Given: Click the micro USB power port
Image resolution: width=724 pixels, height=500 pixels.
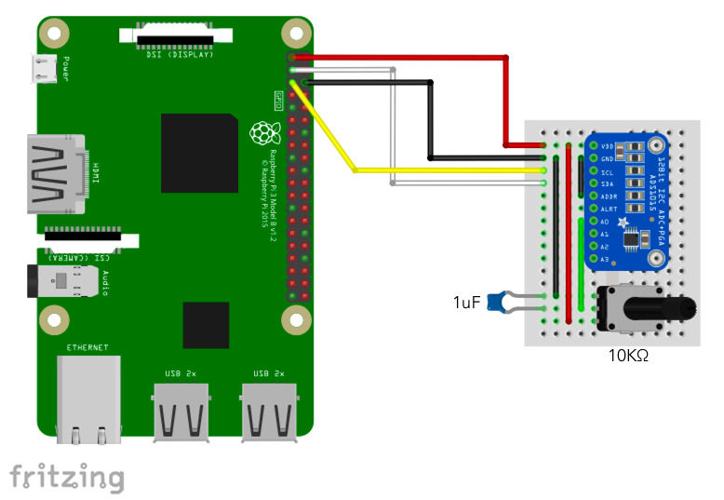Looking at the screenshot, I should tap(43, 68).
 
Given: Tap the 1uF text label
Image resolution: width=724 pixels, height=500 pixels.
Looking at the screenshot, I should tap(467, 302).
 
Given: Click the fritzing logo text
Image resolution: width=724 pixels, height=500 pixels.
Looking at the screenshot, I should tap(67, 477).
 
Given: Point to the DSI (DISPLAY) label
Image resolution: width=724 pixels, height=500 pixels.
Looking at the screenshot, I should tap(181, 54).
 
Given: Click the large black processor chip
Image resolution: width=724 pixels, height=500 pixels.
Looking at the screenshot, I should tap(198, 153).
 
